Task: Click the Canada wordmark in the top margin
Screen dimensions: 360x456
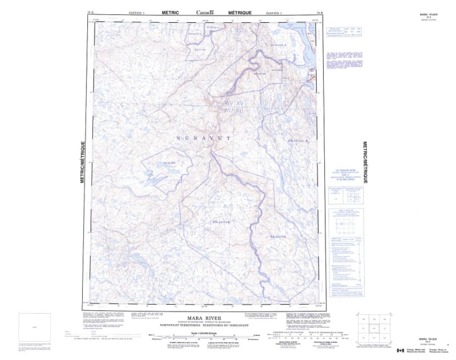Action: [x=206, y=12]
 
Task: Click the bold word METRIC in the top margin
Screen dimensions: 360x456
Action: [x=169, y=12]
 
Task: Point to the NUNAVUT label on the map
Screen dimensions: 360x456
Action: [x=203, y=139]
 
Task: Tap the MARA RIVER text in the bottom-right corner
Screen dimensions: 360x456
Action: [x=428, y=338]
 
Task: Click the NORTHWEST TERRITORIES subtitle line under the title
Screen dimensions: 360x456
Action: [x=206, y=323]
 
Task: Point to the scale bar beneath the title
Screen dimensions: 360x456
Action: [x=205, y=335]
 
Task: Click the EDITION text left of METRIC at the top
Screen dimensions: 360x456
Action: [x=137, y=12]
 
